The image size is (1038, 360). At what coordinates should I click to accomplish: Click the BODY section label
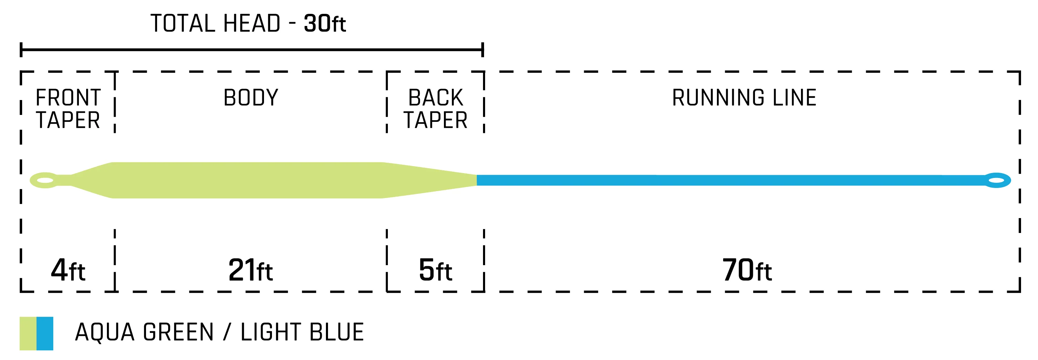251,98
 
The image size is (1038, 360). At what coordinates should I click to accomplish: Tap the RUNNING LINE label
744,98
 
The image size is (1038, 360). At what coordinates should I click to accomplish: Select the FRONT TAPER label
68,109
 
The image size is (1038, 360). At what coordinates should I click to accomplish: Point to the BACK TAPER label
436,109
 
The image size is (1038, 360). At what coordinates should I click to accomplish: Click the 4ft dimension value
68,270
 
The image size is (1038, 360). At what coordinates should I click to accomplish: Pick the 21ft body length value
250,270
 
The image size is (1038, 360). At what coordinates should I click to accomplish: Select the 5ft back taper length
435,270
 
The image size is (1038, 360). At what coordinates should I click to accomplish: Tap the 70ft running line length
747,270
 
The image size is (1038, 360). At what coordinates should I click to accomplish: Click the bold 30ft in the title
325,24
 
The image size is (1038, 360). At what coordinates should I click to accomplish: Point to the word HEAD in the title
252,24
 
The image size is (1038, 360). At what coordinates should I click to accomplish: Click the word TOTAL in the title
183,24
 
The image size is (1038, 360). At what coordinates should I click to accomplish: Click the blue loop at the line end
997,180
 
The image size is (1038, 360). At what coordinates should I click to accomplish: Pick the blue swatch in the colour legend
45,333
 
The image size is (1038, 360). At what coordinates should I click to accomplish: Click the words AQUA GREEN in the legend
144,332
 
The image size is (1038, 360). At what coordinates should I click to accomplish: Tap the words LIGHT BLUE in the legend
302,332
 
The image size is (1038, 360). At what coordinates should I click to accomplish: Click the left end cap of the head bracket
21,49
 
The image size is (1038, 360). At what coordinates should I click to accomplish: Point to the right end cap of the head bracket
482,49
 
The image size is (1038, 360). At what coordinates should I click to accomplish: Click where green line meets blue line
477,180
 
